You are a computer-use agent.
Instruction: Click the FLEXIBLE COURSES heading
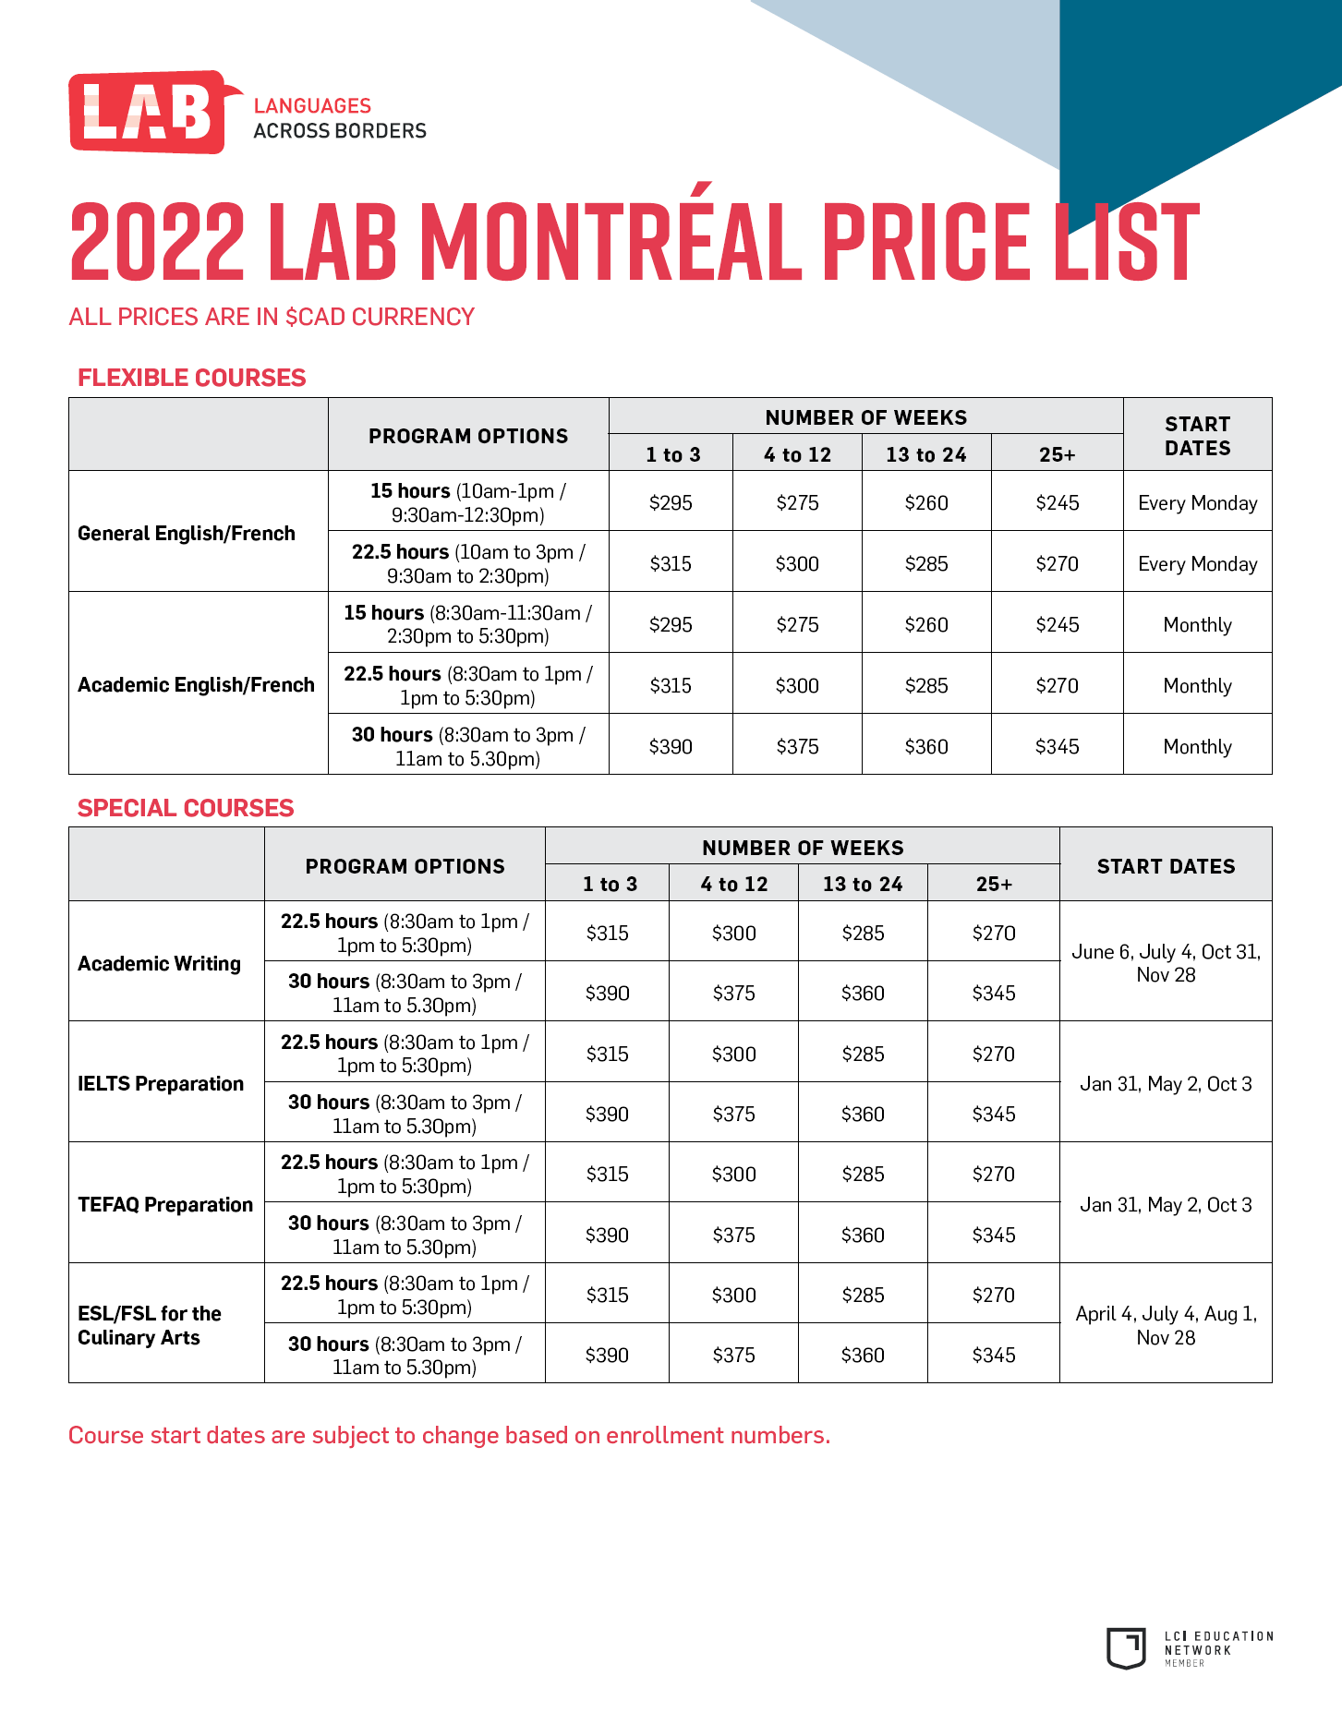[x=191, y=378]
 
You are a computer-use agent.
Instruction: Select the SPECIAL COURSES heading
[x=186, y=808]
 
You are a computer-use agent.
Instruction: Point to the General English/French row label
[x=187, y=533]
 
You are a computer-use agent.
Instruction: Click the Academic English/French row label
[x=196, y=684]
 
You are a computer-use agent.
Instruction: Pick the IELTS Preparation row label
[x=161, y=1083]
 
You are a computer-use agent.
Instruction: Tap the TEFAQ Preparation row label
[x=165, y=1204]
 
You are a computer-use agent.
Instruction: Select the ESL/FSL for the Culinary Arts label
[x=150, y=1325]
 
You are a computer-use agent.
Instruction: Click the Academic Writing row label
[x=159, y=963]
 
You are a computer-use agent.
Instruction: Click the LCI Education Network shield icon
[x=1126, y=1648]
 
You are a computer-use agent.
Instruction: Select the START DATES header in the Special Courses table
[x=1166, y=866]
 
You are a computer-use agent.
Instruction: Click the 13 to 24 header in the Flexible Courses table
[x=925, y=454]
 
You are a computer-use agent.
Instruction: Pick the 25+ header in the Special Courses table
[x=994, y=884]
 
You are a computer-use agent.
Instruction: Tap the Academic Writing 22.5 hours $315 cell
[x=607, y=933]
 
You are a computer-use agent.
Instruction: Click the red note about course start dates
[x=450, y=1435]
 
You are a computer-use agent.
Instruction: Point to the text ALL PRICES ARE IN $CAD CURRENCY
[x=272, y=317]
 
